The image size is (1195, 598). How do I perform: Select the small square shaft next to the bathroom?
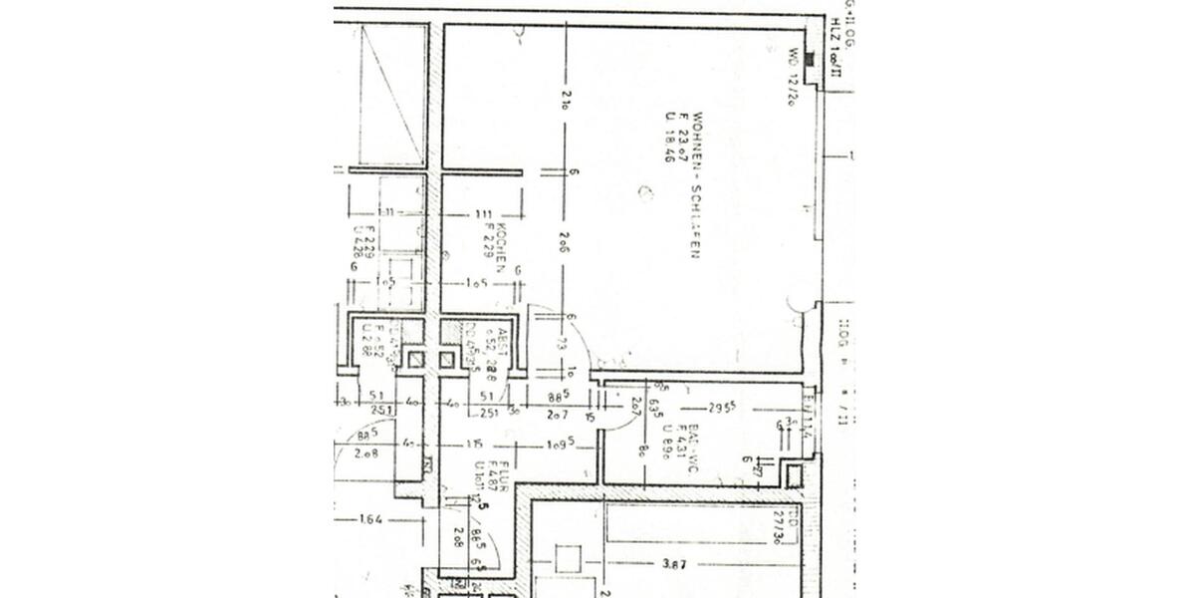coord(793,475)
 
